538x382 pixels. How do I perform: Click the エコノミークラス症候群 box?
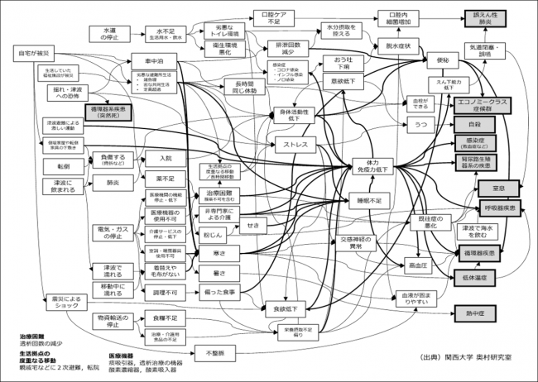tap(488, 107)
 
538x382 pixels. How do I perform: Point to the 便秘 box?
tap(440, 61)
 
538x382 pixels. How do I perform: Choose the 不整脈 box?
tap(214, 353)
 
